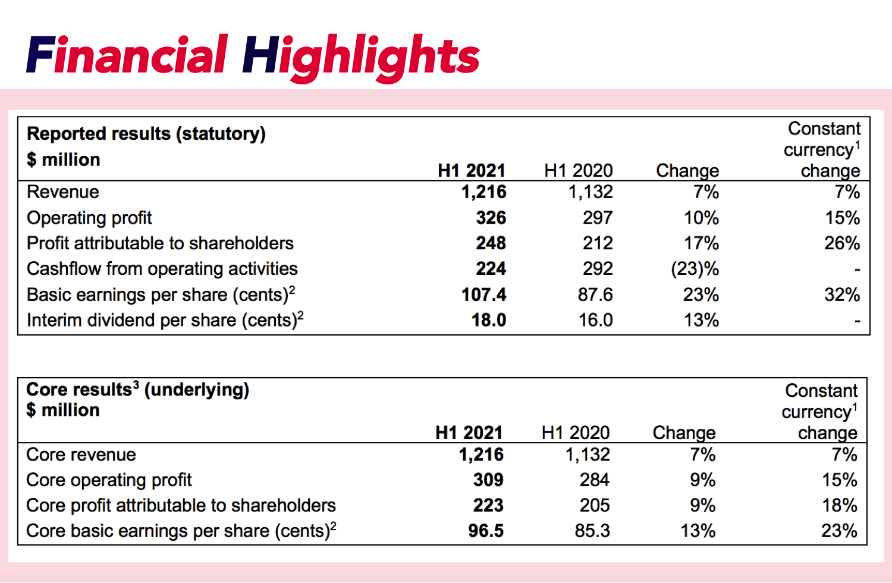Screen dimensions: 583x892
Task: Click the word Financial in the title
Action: click(x=127, y=55)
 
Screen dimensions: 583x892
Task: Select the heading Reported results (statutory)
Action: click(x=146, y=134)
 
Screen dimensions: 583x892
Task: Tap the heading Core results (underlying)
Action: click(x=137, y=390)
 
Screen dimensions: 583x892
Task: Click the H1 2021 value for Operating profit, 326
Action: click(x=491, y=218)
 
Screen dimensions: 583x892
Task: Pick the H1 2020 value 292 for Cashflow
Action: click(x=597, y=269)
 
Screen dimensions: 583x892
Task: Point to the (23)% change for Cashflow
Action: click(x=694, y=269)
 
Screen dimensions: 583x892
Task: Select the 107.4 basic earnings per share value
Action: click(x=483, y=294)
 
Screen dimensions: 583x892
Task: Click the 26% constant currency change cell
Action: click(x=841, y=243)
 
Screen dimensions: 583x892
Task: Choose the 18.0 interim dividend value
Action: click(x=488, y=320)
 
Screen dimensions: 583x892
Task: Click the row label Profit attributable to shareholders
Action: click(x=160, y=243)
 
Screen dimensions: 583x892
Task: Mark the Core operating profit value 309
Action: click(x=488, y=480)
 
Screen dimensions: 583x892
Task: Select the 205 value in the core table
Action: click(x=594, y=506)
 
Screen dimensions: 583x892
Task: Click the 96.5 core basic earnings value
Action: click(x=485, y=531)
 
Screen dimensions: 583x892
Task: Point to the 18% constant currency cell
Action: click(x=839, y=506)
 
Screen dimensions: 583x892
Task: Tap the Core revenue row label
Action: click(x=81, y=455)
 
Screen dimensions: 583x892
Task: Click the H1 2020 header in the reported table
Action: click(x=578, y=171)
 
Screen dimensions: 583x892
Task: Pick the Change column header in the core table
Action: click(x=684, y=432)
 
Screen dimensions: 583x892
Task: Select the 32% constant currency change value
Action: click(x=841, y=294)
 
